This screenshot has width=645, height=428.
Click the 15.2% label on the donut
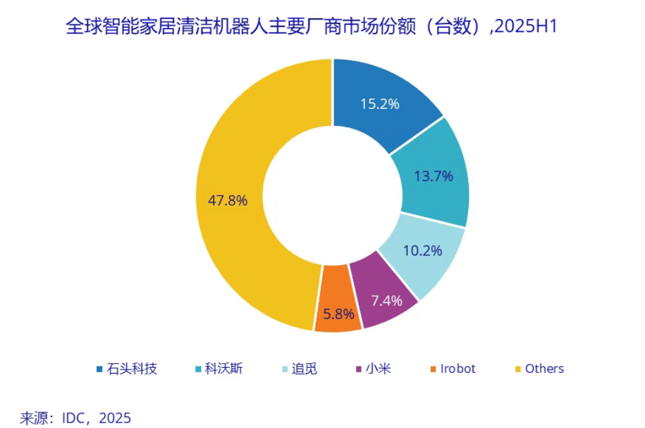pyautogui.click(x=379, y=103)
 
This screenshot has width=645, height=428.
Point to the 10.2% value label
pyautogui.click(x=423, y=250)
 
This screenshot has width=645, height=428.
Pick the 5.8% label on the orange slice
pyautogui.click(x=338, y=315)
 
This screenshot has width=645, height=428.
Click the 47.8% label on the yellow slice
pyautogui.click(x=227, y=200)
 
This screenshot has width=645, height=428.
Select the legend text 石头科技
pyautogui.click(x=134, y=369)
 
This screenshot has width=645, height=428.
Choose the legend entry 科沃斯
pyautogui.click(x=224, y=369)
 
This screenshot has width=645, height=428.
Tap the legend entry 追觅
pyautogui.click(x=305, y=369)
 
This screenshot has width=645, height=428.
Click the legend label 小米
pyautogui.click(x=378, y=369)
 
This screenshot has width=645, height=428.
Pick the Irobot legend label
pyautogui.click(x=458, y=369)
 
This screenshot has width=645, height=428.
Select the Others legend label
pyautogui.click(x=544, y=369)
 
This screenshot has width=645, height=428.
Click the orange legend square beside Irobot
pyautogui.click(x=433, y=370)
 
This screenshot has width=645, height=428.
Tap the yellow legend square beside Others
pyautogui.click(x=518, y=370)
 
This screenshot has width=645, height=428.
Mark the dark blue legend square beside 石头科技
pyautogui.click(x=99, y=370)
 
